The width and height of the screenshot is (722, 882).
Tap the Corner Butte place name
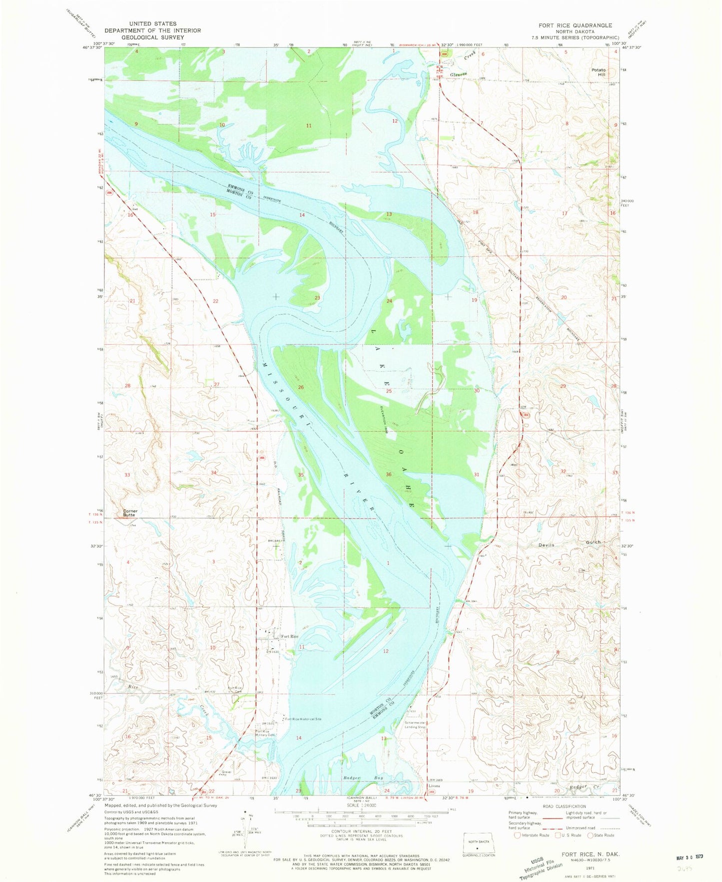130,513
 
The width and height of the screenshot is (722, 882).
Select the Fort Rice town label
289,636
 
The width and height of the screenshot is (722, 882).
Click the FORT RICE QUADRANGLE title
572,25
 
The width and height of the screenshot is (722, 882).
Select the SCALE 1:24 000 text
361,806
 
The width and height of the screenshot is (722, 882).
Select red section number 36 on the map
388,474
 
